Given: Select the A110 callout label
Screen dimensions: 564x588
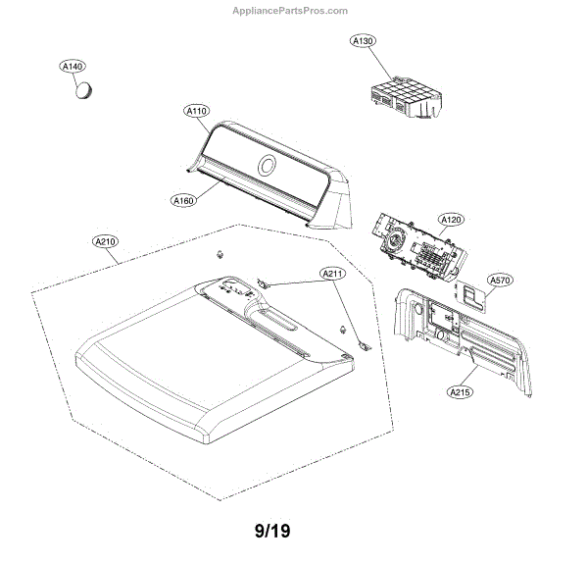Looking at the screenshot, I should coord(196,112).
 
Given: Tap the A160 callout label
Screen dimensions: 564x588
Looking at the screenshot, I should coord(183,201).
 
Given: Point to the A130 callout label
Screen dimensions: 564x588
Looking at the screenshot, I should coord(364,41).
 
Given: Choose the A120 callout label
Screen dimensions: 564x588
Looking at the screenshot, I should coord(451,220).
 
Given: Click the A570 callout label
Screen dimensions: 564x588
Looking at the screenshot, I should coord(500,281).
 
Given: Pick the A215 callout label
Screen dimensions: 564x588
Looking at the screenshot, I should coord(460,392).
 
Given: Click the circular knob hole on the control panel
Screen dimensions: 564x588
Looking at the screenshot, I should coord(267,165).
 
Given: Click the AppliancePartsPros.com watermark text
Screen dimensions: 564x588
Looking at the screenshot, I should coord(293,11).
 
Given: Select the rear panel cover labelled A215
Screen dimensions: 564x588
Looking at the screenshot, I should coord(461,333).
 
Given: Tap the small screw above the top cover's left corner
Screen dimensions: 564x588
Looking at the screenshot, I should coord(220,255).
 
